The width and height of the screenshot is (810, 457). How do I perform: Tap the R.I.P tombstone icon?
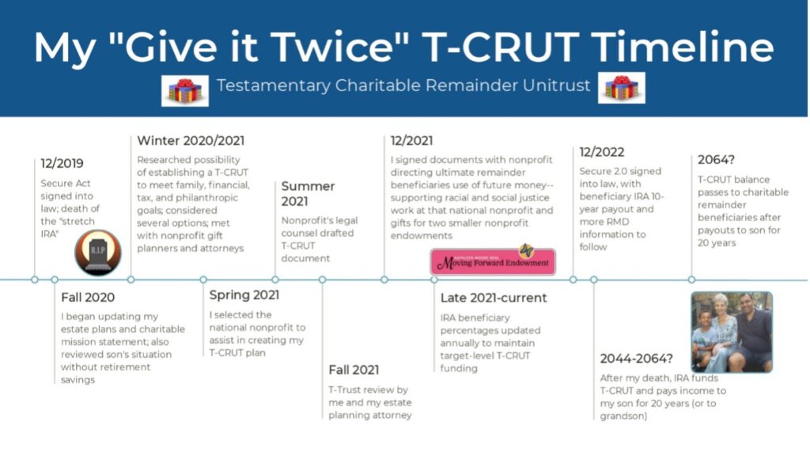(97, 253)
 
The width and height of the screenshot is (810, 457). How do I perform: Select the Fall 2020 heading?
(88, 298)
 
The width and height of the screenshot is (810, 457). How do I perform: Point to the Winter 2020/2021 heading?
(190, 141)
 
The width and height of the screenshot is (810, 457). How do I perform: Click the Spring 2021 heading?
(245, 295)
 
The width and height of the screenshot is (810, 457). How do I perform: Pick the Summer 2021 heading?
(308, 194)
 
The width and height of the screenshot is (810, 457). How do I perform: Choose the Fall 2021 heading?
(354, 370)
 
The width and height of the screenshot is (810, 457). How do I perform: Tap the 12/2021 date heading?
(412, 141)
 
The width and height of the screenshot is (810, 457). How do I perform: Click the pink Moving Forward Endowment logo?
(492, 261)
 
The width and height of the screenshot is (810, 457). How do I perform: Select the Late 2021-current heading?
(494, 299)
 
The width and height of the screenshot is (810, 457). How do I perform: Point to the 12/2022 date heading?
(602, 152)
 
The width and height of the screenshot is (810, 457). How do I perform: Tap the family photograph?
(731, 332)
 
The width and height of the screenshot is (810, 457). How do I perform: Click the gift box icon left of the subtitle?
(184, 89)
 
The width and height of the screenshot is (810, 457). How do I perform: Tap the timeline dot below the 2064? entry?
(691, 280)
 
